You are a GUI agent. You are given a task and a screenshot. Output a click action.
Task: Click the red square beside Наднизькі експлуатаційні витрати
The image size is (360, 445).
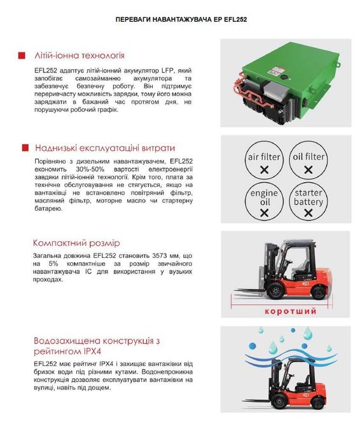coord(24,148)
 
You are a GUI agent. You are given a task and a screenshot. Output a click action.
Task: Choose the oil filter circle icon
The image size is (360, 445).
coord(308,162)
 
